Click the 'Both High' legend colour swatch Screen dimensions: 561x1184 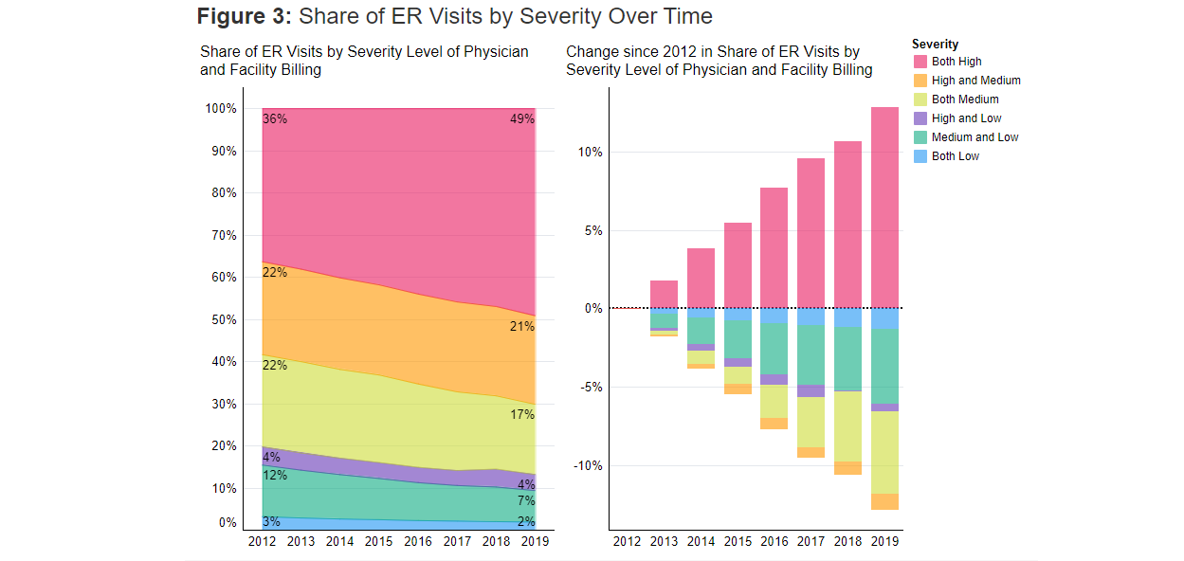[x=920, y=62]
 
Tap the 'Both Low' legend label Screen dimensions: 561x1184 [x=955, y=156]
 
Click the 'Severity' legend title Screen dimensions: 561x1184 [x=935, y=45]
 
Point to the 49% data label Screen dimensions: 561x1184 [x=521, y=119]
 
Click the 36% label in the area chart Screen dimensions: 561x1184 [x=275, y=119]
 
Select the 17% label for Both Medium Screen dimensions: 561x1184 [x=521, y=414]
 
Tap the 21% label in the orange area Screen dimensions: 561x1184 [x=521, y=326]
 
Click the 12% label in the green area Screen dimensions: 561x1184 [x=275, y=475]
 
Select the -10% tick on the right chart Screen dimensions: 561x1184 [x=587, y=465]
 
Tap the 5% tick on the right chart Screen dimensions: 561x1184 [x=591, y=230]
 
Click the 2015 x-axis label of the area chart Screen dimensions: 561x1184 [x=378, y=541]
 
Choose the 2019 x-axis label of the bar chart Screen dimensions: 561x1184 [x=884, y=541]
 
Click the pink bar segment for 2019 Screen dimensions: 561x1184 [x=884, y=208]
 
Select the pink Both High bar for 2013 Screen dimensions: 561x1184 [x=664, y=294]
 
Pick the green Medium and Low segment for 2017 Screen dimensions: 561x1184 [x=811, y=355]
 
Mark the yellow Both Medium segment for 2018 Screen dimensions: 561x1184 [x=847, y=426]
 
